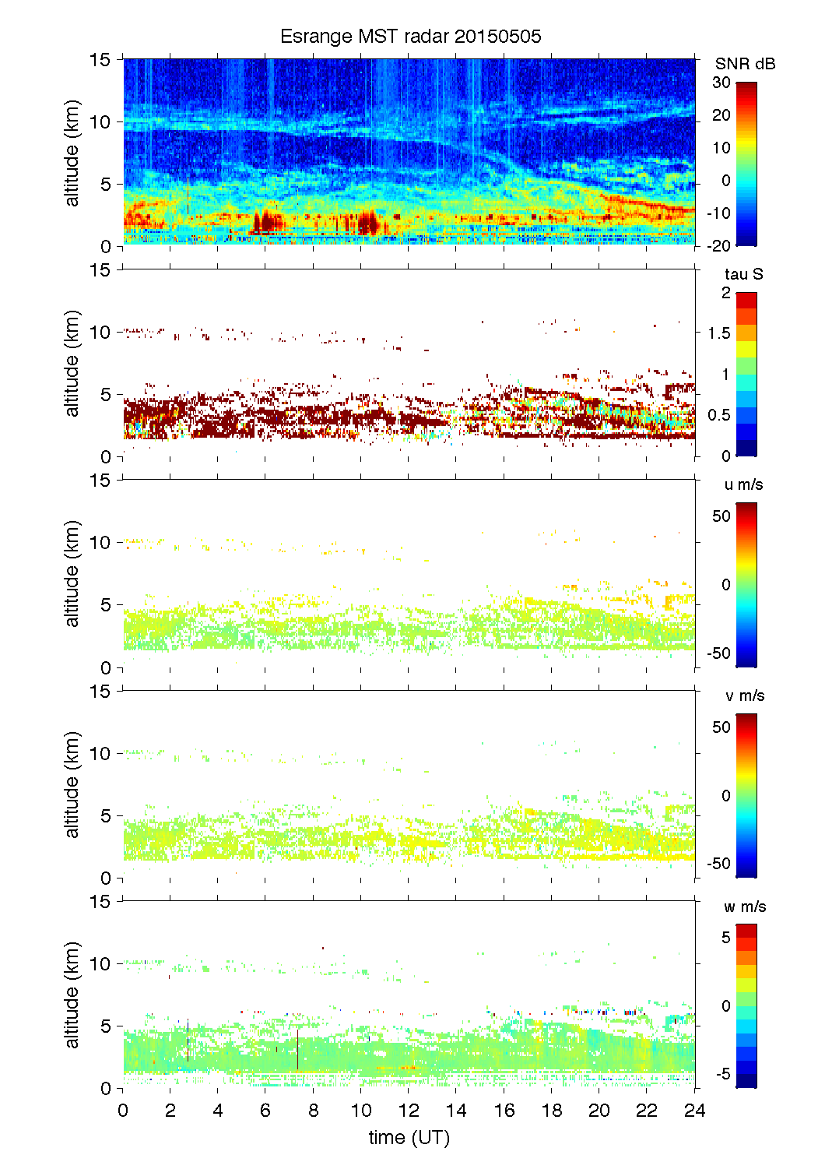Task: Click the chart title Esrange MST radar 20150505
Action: [410, 37]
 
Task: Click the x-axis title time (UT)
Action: [409, 1137]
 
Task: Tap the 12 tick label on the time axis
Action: [409, 1111]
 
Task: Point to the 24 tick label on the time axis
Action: [694, 1111]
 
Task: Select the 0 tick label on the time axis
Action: [123, 1111]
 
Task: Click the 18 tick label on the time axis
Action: [552, 1111]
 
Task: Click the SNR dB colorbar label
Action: [745, 64]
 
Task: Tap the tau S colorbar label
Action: [743, 274]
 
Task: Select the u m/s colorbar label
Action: [743, 484]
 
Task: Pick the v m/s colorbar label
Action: [744, 695]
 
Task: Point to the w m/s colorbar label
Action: [745, 907]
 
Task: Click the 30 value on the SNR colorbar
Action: [721, 83]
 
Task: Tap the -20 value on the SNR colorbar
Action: [718, 246]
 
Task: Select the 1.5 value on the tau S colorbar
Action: [718, 333]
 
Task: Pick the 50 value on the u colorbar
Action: [721, 516]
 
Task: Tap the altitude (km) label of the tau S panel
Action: [72, 364]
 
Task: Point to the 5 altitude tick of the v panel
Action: [107, 816]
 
